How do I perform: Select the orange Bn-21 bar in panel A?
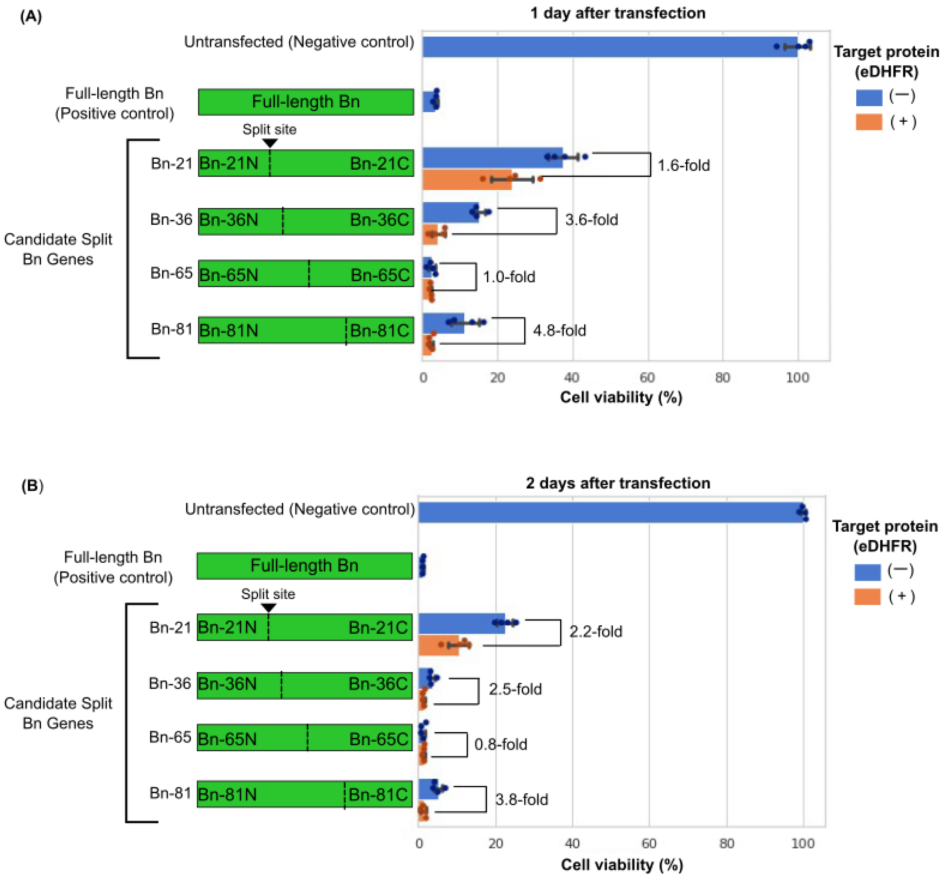tap(467, 180)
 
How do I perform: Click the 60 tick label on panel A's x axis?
tap(647, 378)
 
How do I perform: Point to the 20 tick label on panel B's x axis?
tap(496, 844)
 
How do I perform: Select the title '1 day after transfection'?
tap(618, 13)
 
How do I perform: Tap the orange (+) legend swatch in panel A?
tap(869, 122)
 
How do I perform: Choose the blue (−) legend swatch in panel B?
tap(867, 571)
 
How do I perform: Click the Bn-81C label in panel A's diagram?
tap(379, 330)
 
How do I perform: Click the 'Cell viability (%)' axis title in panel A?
tap(621, 397)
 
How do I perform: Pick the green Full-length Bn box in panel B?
tap(304, 566)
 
